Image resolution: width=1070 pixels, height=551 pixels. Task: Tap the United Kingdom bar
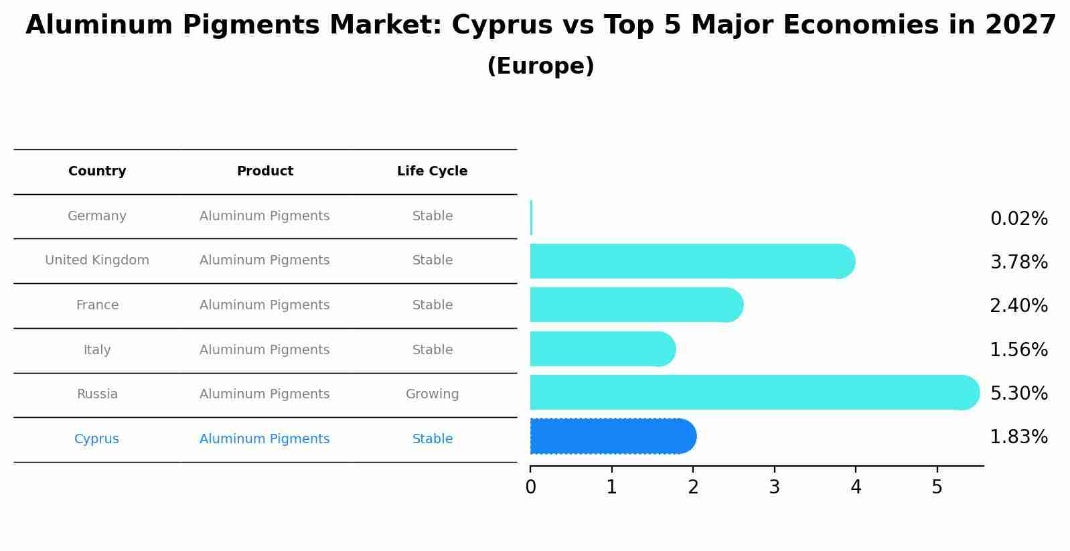(690, 261)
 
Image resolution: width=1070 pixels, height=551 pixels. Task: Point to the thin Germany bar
(531, 218)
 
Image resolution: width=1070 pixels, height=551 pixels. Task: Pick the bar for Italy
(601, 349)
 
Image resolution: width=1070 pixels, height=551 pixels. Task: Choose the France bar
(635, 305)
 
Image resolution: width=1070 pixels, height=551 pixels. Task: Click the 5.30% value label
(1018, 393)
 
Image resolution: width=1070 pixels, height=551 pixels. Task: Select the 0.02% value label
(1018, 219)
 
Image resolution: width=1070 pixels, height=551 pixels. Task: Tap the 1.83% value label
(1018, 437)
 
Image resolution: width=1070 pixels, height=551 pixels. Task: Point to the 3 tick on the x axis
(774, 487)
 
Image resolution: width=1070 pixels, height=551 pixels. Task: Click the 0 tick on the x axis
(530, 487)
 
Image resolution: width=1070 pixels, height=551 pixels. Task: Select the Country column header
(97, 171)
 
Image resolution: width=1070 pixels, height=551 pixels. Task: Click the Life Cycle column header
(432, 171)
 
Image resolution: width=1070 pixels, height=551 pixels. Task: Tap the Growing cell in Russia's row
(432, 394)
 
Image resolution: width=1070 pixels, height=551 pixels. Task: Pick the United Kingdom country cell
(97, 260)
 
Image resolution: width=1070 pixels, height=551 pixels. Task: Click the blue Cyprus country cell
(96, 439)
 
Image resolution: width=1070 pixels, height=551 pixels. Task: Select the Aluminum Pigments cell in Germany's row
(264, 216)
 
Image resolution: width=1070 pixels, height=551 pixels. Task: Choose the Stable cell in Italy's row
(432, 350)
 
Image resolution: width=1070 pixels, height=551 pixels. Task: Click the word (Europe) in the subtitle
(540, 66)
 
